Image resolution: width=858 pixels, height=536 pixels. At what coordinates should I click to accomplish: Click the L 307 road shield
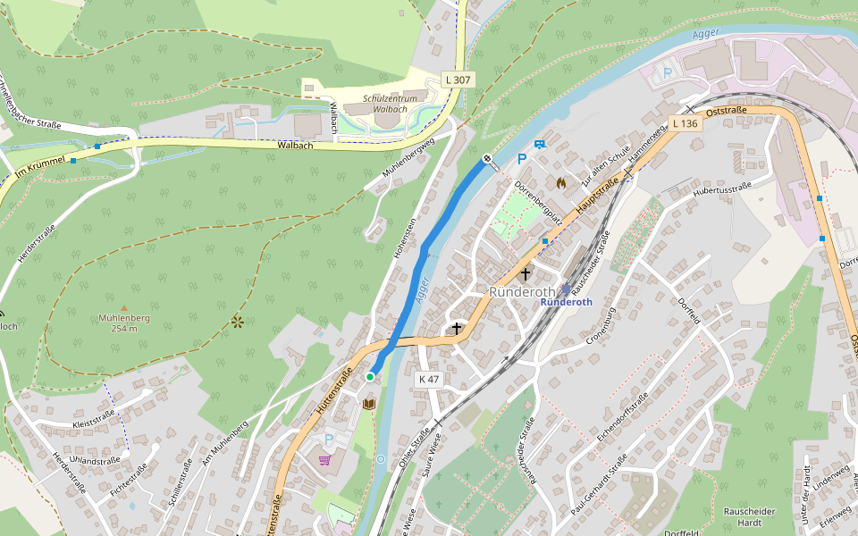(458, 80)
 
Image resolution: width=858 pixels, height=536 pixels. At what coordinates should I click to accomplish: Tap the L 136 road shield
(685, 123)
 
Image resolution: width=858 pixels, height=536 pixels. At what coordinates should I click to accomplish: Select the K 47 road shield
(429, 379)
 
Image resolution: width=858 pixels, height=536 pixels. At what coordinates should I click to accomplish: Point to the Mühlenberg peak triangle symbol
(124, 308)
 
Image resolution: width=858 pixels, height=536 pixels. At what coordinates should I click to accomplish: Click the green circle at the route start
(370, 377)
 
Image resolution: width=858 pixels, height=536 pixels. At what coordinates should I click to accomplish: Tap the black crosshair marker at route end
(488, 159)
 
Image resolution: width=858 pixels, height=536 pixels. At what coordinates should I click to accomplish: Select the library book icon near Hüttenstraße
(369, 404)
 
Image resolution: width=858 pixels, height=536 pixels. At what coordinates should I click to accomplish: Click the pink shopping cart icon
(324, 460)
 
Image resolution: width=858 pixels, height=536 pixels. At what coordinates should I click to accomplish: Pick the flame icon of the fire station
(560, 181)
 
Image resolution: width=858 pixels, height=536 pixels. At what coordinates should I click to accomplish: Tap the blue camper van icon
(539, 144)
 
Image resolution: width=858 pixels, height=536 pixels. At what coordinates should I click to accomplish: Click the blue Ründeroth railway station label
(566, 302)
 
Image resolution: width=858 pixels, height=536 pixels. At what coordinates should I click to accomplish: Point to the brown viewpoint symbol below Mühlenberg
(237, 321)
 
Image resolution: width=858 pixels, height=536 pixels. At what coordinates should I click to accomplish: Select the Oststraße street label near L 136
(726, 112)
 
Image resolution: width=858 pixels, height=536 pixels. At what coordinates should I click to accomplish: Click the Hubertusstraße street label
(722, 188)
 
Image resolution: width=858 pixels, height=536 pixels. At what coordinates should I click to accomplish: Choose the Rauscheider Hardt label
(749, 517)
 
